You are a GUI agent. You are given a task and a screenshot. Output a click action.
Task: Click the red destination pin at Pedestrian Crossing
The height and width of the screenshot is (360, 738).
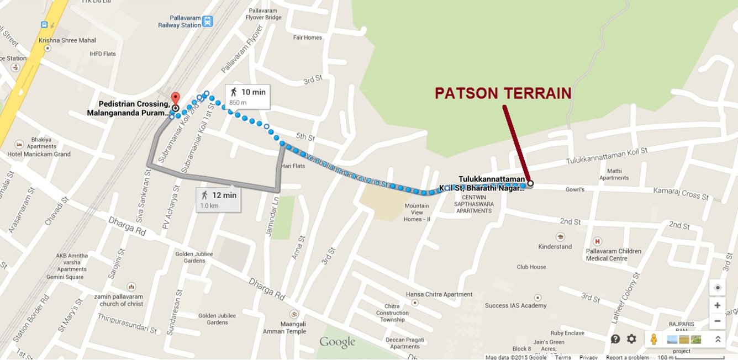176,99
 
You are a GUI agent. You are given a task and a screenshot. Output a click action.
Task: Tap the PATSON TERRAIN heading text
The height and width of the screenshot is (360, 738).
503,93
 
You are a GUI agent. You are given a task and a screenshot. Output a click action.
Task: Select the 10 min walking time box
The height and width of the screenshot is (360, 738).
247,96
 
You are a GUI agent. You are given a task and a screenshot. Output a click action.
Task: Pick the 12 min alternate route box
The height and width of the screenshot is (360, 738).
218,199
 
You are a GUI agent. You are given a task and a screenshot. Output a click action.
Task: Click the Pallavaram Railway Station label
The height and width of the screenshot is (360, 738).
180,22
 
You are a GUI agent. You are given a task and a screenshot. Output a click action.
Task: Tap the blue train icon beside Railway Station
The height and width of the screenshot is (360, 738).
207,22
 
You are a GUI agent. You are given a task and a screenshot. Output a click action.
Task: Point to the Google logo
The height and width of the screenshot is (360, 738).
337,342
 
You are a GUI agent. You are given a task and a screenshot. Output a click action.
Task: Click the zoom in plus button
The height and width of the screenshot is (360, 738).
717,305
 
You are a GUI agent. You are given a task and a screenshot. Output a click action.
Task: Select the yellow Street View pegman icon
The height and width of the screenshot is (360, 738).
654,339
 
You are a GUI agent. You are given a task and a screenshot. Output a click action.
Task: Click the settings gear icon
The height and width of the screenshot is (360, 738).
631,339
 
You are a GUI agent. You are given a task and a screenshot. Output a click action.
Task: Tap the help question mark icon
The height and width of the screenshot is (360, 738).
615,339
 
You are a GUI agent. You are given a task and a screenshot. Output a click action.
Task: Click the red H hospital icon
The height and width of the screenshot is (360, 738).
597,241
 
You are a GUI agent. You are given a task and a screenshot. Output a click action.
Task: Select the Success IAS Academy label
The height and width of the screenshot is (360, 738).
515,305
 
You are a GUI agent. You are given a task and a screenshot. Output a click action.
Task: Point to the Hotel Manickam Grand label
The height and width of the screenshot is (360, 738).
39,154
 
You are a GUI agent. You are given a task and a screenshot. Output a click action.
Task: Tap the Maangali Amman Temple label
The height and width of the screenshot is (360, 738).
292,327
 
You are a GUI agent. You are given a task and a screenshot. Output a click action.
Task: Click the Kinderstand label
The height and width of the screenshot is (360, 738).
555,246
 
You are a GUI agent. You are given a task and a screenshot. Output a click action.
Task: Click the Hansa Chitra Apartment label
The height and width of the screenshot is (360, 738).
439,294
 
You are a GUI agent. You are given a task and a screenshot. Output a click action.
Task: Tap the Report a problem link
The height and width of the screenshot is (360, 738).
627,357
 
